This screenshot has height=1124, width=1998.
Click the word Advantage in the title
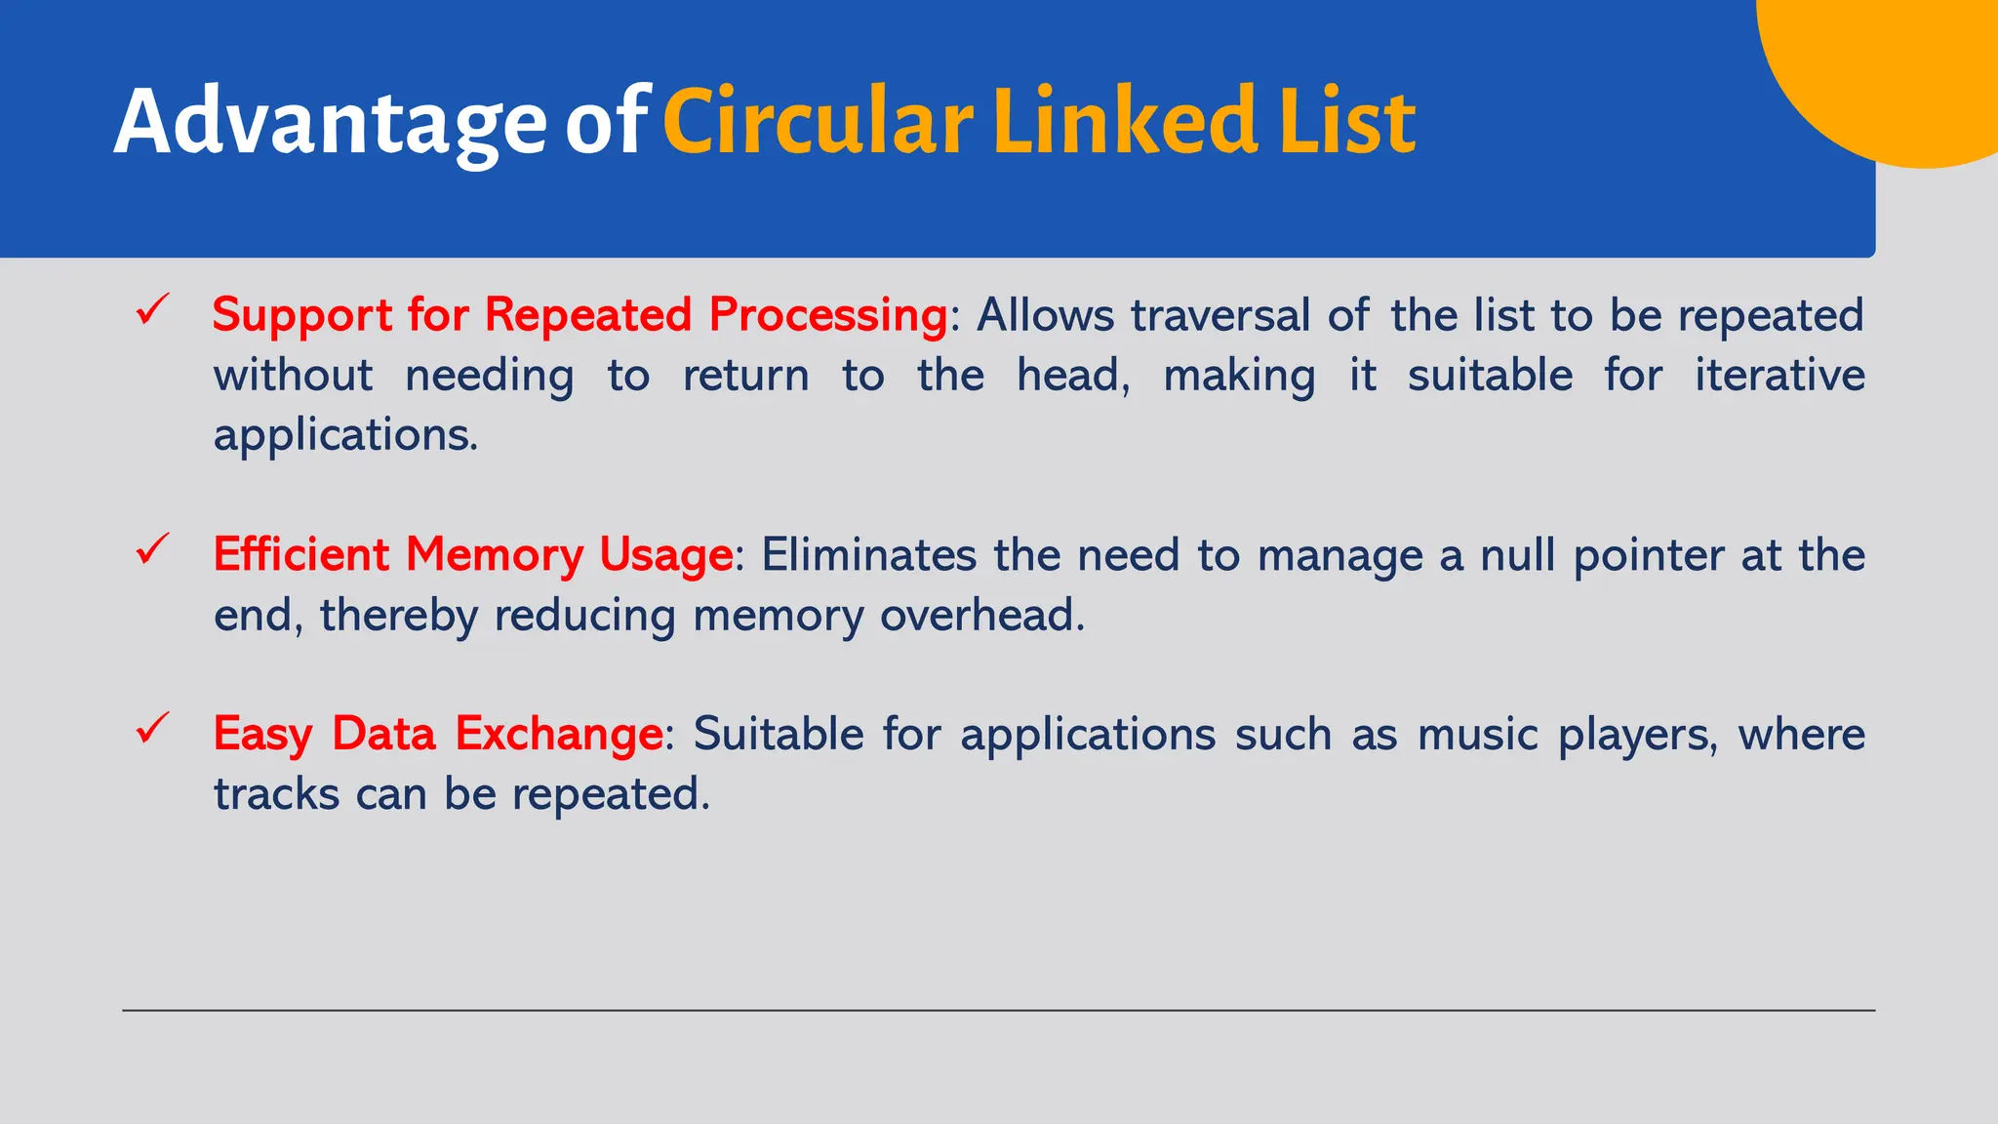point(330,123)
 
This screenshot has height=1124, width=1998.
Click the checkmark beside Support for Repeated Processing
point(153,310)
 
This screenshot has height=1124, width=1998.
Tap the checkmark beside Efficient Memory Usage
point(153,549)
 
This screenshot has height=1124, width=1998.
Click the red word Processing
point(828,316)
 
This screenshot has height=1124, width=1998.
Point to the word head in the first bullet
point(1071,376)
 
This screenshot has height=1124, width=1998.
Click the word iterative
point(1779,376)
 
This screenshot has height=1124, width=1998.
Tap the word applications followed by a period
point(343,436)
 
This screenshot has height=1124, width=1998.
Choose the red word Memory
point(494,556)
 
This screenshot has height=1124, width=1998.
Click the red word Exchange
point(559,735)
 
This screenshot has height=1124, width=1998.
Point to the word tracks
point(276,794)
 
